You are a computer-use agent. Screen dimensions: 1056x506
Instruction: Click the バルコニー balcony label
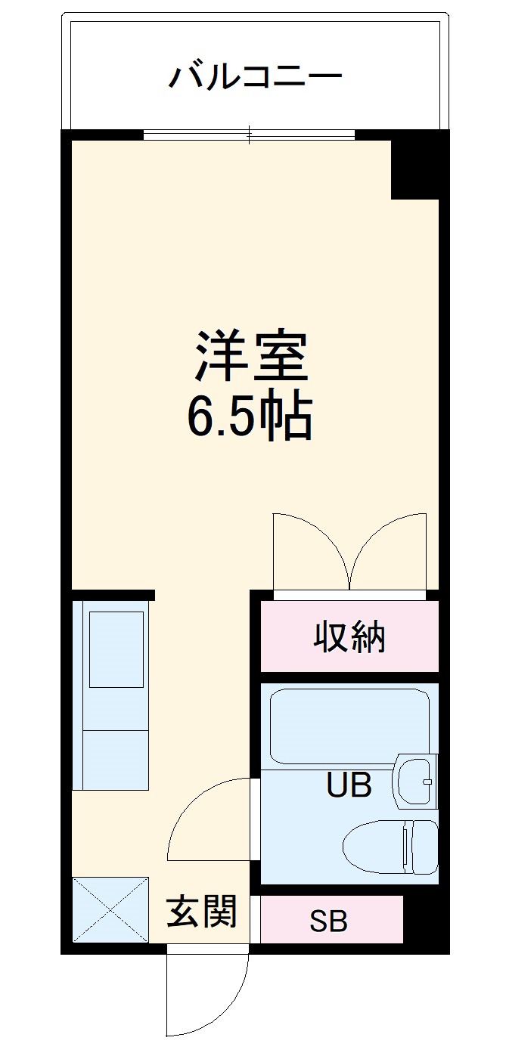tap(256, 76)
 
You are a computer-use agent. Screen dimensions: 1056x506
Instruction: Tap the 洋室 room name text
tap(253, 355)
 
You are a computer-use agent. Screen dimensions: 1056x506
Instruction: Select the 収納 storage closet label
tap(349, 637)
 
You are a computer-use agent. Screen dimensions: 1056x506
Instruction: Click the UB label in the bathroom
tap(349, 786)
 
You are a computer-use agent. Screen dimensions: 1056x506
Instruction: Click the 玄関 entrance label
tap(201, 912)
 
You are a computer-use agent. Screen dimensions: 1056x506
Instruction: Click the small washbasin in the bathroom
tap(414, 779)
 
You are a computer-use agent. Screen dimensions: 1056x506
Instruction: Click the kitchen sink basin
tap(116, 649)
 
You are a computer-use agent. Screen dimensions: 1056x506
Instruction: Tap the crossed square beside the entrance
tap(110, 909)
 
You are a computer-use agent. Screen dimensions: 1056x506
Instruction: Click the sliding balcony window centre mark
tap(250, 135)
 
